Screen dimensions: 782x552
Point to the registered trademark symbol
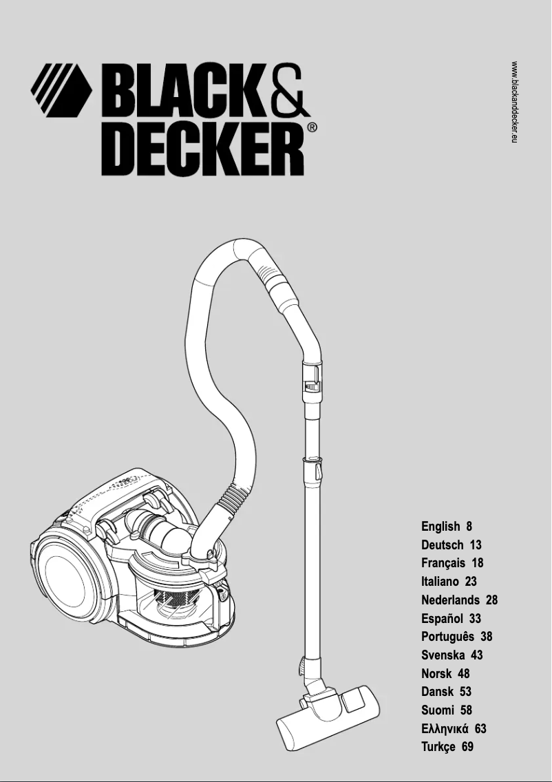312,128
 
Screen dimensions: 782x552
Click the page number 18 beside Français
477,563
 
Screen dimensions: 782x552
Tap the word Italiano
440,582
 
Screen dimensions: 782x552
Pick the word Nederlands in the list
450,600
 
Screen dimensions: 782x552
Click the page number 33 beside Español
474,618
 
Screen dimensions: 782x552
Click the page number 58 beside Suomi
466,710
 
